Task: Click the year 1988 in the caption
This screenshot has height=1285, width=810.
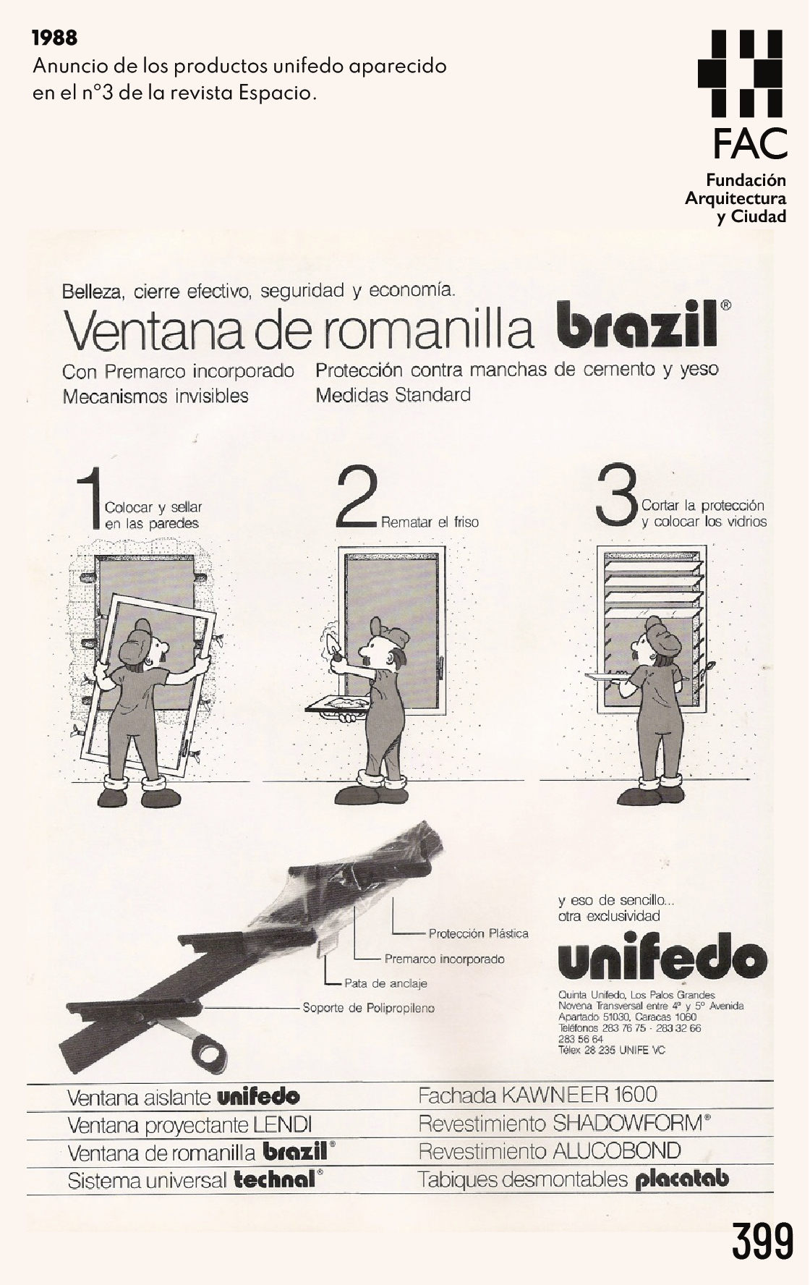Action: [55, 37]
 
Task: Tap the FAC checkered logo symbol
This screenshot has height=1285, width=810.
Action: [740, 73]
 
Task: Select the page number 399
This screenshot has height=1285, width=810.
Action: [762, 1241]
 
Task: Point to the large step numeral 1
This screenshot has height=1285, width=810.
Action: [90, 499]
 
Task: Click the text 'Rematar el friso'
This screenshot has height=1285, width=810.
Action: [430, 522]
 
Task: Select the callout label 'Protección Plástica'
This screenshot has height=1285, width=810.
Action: [478, 933]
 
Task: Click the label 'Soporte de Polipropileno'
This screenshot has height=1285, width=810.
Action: [368, 1008]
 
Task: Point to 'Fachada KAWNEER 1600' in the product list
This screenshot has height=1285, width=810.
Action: [537, 1095]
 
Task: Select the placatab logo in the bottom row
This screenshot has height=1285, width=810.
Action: [682, 1179]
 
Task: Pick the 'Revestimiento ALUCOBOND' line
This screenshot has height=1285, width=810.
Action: [550, 1151]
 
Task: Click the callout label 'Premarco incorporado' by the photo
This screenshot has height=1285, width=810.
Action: [444, 959]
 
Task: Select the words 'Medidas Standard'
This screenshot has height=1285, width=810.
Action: [393, 395]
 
